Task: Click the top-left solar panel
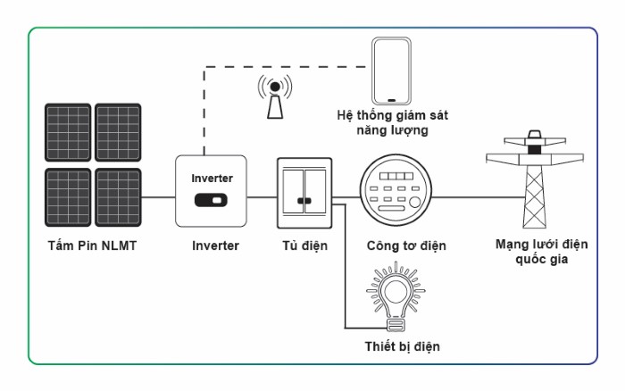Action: coord(68,133)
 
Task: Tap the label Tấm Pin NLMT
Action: coord(92,245)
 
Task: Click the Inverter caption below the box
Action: coord(215,245)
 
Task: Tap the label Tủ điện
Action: coord(304,245)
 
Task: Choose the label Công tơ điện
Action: coord(406,245)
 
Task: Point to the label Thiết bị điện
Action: coord(402,345)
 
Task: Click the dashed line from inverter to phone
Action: coord(286,66)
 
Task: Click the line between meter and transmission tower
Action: coord(473,196)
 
